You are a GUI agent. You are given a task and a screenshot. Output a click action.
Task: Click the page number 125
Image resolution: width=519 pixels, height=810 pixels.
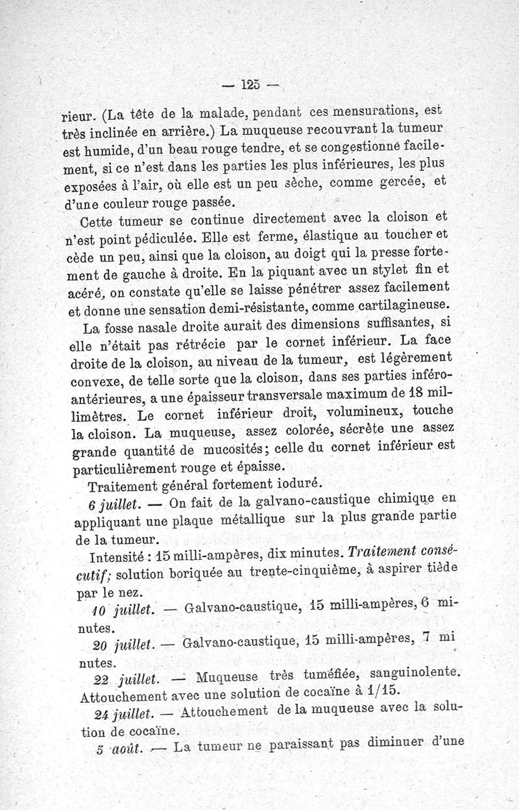[x=250, y=84]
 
